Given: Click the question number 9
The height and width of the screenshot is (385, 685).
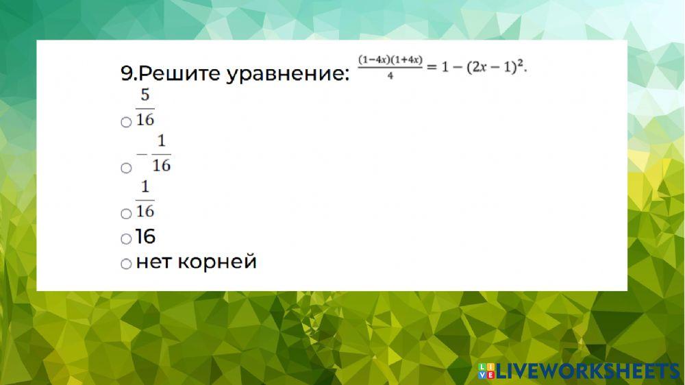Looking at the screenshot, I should (125, 73).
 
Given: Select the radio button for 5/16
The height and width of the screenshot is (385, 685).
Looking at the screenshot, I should (125, 122).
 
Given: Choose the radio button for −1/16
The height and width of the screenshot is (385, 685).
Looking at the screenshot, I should (125, 167).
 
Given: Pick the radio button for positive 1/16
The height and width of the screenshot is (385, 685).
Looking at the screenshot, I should (125, 214).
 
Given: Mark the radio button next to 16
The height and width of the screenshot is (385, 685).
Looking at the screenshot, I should (125, 238).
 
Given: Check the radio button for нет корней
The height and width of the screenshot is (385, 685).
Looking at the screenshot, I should (125, 263).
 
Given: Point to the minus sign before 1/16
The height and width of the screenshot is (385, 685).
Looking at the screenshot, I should (142, 154).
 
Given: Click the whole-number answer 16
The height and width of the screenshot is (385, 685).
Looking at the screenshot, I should (146, 237).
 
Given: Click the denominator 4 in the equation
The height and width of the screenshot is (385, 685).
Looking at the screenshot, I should (390, 77).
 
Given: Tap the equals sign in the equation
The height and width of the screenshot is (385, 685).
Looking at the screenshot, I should (431, 67).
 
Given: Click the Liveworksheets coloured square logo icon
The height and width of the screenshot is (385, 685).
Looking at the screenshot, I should (486, 371).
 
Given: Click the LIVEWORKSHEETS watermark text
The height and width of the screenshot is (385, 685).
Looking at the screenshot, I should (586, 371).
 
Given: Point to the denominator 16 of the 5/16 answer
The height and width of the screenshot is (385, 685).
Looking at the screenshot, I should (145, 119).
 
